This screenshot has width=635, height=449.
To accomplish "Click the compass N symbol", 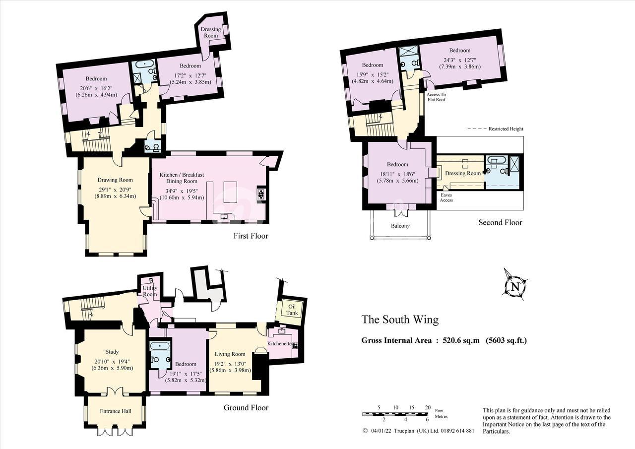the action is coord(515,287).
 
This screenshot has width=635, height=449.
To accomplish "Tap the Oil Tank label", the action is coord(292,310).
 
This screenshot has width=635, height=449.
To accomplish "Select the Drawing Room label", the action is coord(115,180).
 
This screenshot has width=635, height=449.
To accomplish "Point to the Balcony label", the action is coord(400,226).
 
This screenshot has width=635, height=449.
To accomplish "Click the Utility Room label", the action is coord(150,291).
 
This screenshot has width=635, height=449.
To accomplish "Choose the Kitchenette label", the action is coord(280,343).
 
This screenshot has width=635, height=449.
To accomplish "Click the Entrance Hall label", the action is coord(116,411).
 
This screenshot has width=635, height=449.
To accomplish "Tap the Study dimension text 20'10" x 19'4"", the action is coord(112,361).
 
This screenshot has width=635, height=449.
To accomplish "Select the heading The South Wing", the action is coord(400,320).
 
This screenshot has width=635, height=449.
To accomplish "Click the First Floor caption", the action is coord(251,236).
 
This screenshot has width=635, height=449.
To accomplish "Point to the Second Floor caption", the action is coord(500,223).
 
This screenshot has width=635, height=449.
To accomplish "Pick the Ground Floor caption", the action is coord(246,408).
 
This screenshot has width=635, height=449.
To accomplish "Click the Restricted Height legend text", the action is coord(506,128).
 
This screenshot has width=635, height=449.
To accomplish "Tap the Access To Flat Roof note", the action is coord(436,97).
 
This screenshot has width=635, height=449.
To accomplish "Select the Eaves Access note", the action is coord(446,197).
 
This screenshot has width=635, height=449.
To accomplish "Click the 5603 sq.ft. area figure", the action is coord(507,340).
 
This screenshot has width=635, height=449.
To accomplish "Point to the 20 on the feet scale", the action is coord(428,408).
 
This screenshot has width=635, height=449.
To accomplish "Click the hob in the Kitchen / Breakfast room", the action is coord(261,194).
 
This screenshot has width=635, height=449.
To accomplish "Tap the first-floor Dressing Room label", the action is coord(211,32).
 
